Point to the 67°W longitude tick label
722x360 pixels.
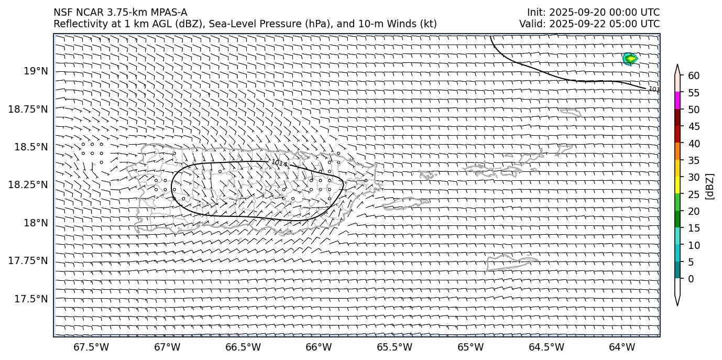[168, 347]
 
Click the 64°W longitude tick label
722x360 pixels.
[622, 347]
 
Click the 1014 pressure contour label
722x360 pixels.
[279, 163]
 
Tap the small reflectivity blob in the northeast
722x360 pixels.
[630, 59]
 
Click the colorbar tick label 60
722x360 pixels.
[694, 76]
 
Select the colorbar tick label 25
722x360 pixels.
[694, 194]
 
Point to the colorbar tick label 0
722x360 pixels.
[691, 279]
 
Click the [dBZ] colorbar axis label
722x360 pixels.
[710, 186]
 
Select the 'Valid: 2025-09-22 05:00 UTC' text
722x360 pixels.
[589, 24]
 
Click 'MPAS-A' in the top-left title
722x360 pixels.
[169, 13]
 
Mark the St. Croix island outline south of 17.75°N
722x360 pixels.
[511, 262]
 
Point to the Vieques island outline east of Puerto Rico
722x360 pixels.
[406, 203]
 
